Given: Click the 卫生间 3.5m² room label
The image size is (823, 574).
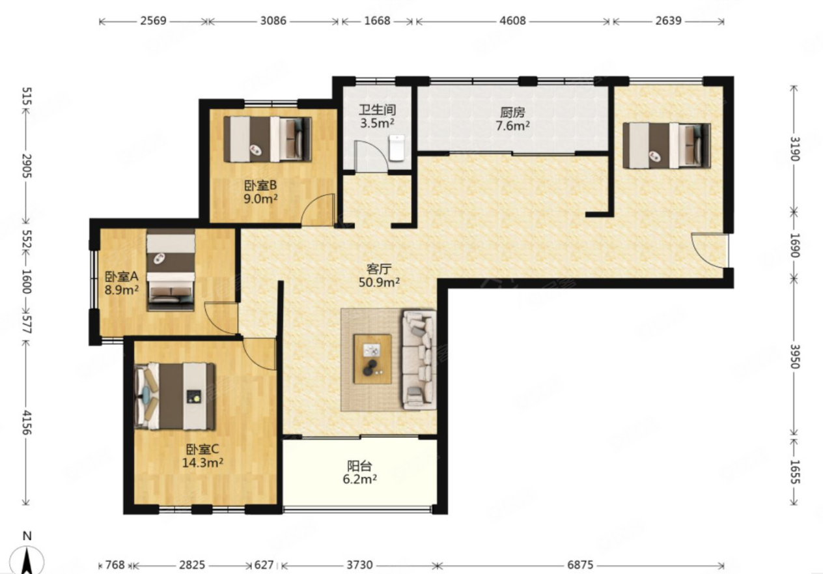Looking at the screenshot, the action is (x=378, y=116).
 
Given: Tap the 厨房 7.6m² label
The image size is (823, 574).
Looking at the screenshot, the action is (x=512, y=119).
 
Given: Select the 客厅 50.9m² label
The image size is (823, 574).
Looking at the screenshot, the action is (x=379, y=276).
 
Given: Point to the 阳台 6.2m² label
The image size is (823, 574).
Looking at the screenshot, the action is (x=359, y=472).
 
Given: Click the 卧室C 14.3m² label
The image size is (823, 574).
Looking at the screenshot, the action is (x=202, y=455).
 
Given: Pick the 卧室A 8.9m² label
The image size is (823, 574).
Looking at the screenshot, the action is (x=122, y=283).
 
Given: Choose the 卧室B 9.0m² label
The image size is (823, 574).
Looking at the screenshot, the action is (x=260, y=192).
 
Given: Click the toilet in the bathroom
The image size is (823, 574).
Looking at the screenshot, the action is (x=397, y=148).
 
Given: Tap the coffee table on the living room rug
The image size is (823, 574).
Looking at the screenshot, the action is (x=372, y=359).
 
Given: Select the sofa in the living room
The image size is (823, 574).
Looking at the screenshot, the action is (x=419, y=360).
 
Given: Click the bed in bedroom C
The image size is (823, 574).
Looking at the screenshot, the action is (x=175, y=396).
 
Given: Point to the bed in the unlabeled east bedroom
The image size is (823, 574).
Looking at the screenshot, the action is (x=667, y=145).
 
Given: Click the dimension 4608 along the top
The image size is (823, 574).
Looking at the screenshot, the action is (x=512, y=21).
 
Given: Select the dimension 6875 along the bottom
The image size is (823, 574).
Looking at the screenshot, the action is (x=580, y=564).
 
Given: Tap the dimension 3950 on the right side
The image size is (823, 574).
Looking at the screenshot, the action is (x=795, y=356).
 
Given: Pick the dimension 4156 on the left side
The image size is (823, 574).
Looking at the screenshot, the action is (x=27, y=423).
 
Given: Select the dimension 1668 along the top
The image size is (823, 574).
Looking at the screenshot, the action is (x=377, y=21).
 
